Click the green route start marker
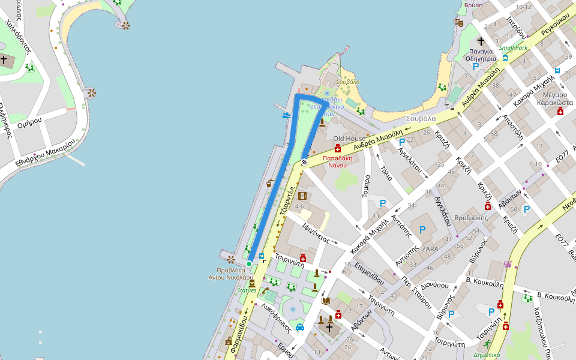[x=249, y=263]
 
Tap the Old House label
[x=349, y=139]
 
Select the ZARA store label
[x=430, y=248]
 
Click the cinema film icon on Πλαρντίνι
[x=302, y=196]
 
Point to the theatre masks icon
[x=459, y=23]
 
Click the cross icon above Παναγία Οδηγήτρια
[x=481, y=41]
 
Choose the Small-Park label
[x=513, y=47]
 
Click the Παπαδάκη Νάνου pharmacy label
[x=338, y=161]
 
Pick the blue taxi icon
[x=299, y=328]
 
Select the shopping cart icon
[x=508, y=264]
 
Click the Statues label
[x=247, y=290]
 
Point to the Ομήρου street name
[x=30, y=121]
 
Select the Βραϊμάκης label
[x=471, y=218]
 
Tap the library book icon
[x=326, y=301]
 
